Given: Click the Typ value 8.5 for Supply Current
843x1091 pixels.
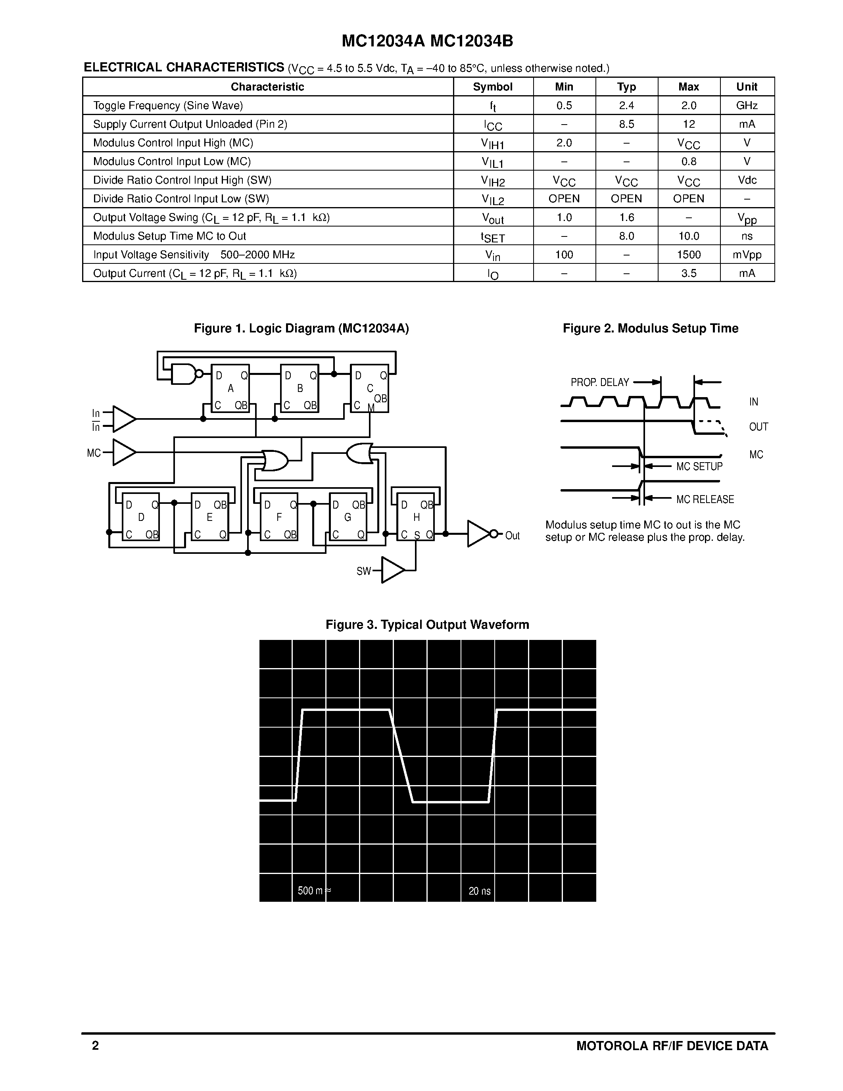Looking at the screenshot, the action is click(626, 124).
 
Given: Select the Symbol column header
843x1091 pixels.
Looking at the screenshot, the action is click(492, 86).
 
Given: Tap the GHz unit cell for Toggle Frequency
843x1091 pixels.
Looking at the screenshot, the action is click(747, 106).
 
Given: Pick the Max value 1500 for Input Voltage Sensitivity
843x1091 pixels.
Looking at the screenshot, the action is click(689, 255).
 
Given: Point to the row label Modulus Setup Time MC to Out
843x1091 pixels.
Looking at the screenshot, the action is click(169, 236).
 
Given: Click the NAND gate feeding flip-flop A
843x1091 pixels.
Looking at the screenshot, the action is click(184, 374).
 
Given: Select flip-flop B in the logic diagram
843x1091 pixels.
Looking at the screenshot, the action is click(300, 388).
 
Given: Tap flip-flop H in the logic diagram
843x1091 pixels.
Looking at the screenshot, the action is click(415, 517).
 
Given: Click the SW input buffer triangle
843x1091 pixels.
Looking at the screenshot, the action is click(392, 570).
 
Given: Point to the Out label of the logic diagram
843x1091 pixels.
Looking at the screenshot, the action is click(513, 536).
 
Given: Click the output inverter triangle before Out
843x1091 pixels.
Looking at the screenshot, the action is click(478, 534).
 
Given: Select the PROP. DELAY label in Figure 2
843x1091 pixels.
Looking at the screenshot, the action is click(600, 382).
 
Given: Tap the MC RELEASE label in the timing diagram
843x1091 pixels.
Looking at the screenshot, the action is click(705, 499).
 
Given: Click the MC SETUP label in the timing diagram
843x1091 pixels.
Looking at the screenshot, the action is click(699, 466).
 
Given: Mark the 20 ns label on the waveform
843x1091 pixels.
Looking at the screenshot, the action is click(480, 891).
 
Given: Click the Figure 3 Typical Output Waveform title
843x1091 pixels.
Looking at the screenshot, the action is click(427, 624).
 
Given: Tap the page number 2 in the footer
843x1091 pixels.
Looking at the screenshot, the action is click(95, 1045).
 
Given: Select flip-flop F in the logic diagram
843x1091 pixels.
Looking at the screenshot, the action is click(278, 517).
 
